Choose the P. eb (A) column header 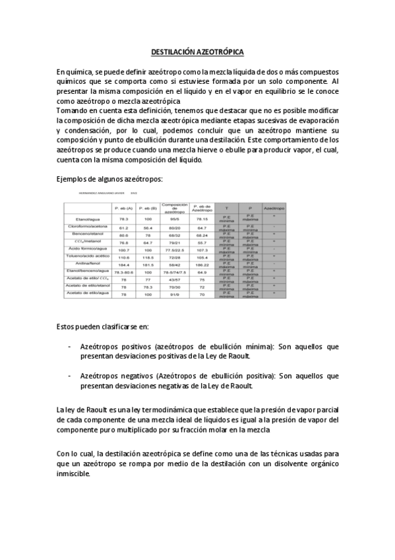(x=123, y=207)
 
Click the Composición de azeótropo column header (x=175, y=207)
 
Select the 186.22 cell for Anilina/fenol (x=202, y=263)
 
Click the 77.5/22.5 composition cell (x=175, y=250)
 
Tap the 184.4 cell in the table (x=123, y=263)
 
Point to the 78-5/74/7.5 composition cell (x=175, y=271)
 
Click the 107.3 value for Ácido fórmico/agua (x=202, y=250)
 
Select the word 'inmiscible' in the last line (x=73, y=473)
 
